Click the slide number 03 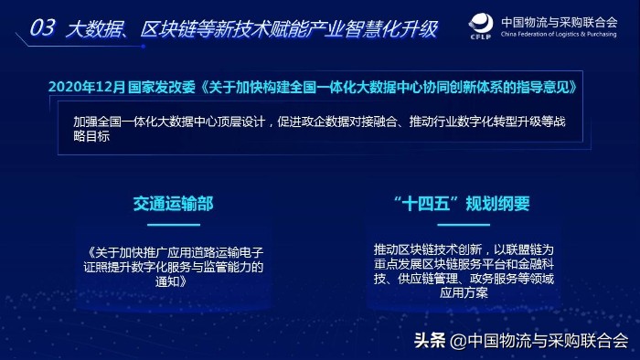pos(43,28)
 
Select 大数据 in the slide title pos(92,28)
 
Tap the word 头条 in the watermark pos(430,341)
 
